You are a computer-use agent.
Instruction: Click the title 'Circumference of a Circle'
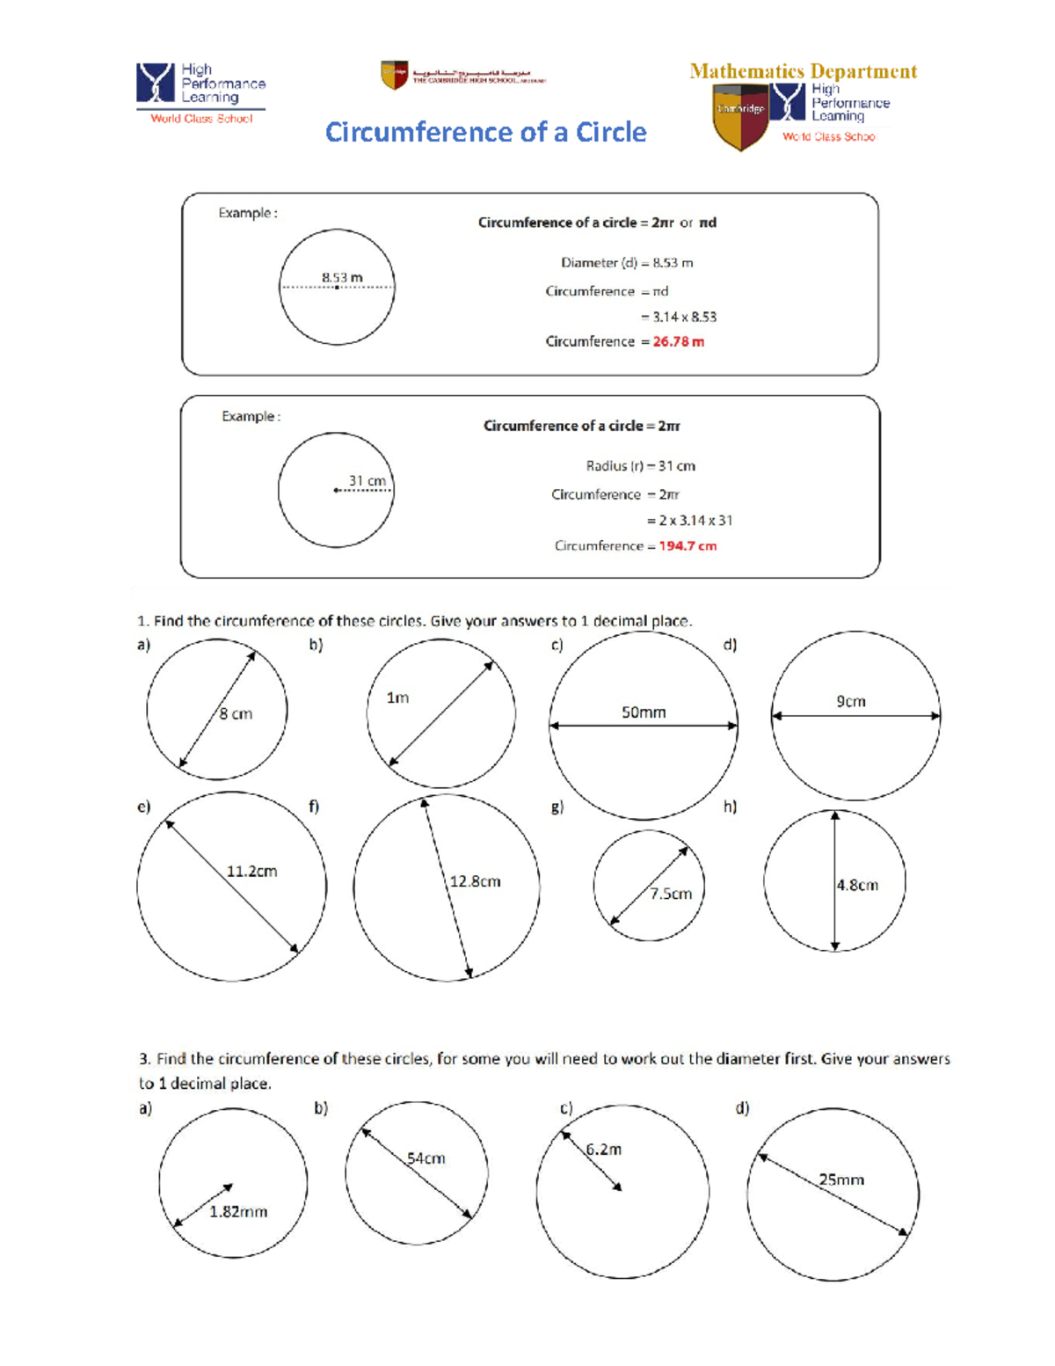click(x=485, y=132)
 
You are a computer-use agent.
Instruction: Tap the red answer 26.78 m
click(x=678, y=341)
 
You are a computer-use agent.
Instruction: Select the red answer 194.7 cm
click(x=688, y=546)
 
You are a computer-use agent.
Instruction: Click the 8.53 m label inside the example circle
click(x=342, y=277)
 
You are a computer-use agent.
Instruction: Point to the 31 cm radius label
click(x=367, y=480)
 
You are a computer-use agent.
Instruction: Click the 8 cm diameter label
click(x=236, y=714)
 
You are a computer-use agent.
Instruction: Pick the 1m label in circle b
click(x=397, y=698)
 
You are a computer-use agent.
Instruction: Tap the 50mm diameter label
click(x=644, y=712)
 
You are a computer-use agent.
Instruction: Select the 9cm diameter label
click(x=850, y=701)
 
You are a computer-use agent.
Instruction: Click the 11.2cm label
click(x=251, y=872)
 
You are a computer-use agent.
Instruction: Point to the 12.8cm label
click(x=475, y=881)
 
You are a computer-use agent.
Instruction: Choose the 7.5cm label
click(x=671, y=894)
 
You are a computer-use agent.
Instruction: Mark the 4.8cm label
click(x=857, y=885)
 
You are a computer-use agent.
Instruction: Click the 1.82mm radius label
click(x=238, y=1211)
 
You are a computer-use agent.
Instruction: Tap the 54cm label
click(x=426, y=1158)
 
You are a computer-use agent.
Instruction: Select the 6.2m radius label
click(x=604, y=1150)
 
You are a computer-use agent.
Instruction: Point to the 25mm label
click(x=841, y=1180)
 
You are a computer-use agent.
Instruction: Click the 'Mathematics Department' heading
click(x=803, y=71)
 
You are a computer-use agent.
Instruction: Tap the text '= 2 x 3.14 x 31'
click(x=689, y=521)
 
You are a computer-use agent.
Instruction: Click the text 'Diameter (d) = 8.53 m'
click(x=627, y=263)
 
